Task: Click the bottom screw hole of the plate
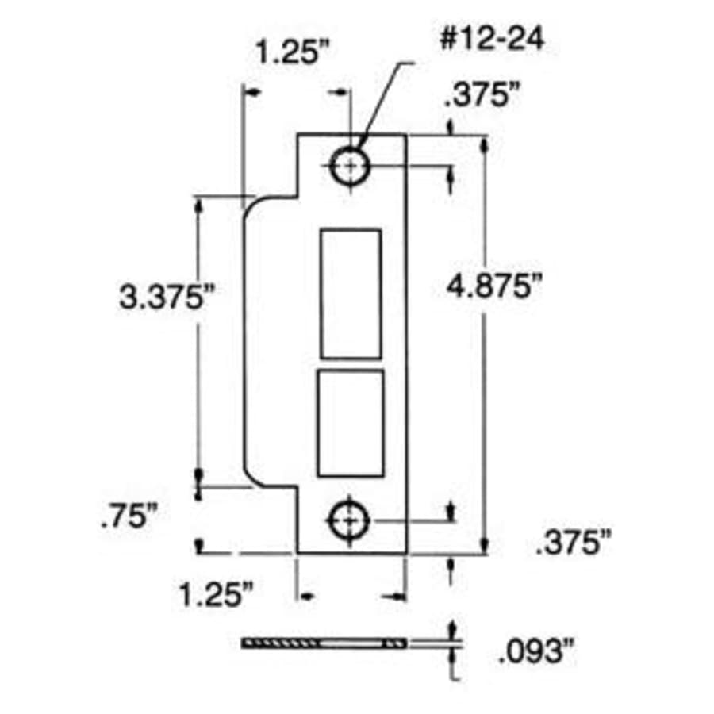tap(349, 520)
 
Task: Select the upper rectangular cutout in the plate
tap(350, 294)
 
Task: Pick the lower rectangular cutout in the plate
tap(350, 423)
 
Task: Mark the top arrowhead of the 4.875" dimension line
tap(484, 143)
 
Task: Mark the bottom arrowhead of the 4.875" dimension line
tap(484, 546)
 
